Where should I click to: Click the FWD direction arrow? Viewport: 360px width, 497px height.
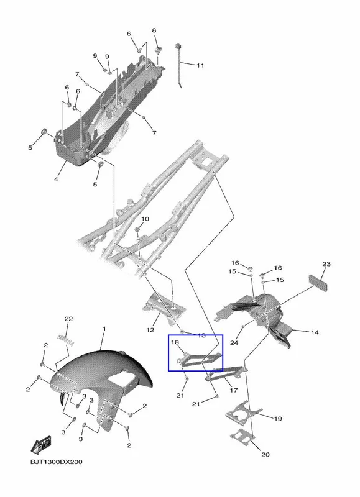pyautogui.click(x=41, y=445)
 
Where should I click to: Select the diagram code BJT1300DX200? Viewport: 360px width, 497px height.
pyautogui.click(x=56, y=462)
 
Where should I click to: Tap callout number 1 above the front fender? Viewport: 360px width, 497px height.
pyautogui.click(x=104, y=329)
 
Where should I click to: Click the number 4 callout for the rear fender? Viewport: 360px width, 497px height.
pyautogui.click(x=56, y=179)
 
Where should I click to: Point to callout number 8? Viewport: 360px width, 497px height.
pyautogui.click(x=154, y=30)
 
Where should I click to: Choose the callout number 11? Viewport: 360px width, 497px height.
pyautogui.click(x=200, y=66)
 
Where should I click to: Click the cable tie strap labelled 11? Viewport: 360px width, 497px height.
pyautogui.click(x=178, y=65)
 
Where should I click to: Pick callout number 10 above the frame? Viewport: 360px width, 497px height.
pyautogui.click(x=145, y=219)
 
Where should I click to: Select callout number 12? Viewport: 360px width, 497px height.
pyautogui.click(x=150, y=330)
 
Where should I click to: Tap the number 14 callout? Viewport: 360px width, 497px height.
pyautogui.click(x=315, y=332)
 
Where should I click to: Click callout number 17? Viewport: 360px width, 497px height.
pyautogui.click(x=233, y=390)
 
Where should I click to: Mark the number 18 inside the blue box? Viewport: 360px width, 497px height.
pyautogui.click(x=175, y=342)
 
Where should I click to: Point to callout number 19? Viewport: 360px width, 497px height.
pyautogui.click(x=278, y=419)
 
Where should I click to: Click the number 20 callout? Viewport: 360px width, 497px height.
pyautogui.click(x=265, y=455)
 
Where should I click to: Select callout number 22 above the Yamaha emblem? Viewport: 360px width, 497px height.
pyautogui.click(x=68, y=319)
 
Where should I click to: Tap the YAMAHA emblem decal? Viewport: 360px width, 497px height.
pyautogui.click(x=66, y=340)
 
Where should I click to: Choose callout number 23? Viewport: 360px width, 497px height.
pyautogui.click(x=326, y=263)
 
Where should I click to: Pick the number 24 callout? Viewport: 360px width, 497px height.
pyautogui.click(x=234, y=343)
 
